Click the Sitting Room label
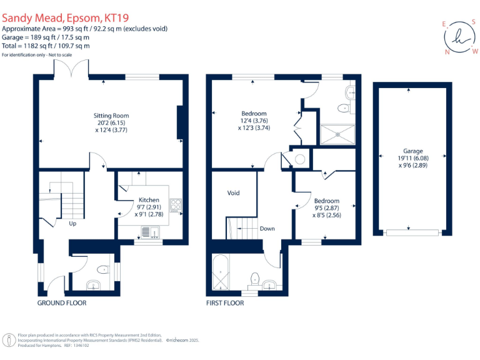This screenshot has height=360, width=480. [x=111, y=116]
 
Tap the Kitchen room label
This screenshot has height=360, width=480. [x=149, y=200]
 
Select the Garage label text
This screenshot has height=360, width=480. [x=412, y=151]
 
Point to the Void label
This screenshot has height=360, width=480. [x=233, y=193]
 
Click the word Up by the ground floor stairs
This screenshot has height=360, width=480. [x=72, y=223]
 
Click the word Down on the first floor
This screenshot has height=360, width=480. [x=267, y=229]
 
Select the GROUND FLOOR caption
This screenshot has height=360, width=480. [x=61, y=303]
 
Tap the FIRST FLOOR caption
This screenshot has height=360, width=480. [x=225, y=303]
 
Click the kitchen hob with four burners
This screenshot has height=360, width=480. [x=176, y=204]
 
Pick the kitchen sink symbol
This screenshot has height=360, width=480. [x=149, y=232]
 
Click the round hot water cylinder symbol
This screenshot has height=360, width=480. [x=300, y=159]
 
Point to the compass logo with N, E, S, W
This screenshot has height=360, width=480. [x=461, y=36]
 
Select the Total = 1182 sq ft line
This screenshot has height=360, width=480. [x=46, y=46]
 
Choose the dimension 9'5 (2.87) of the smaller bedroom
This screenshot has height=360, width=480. [x=327, y=208]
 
